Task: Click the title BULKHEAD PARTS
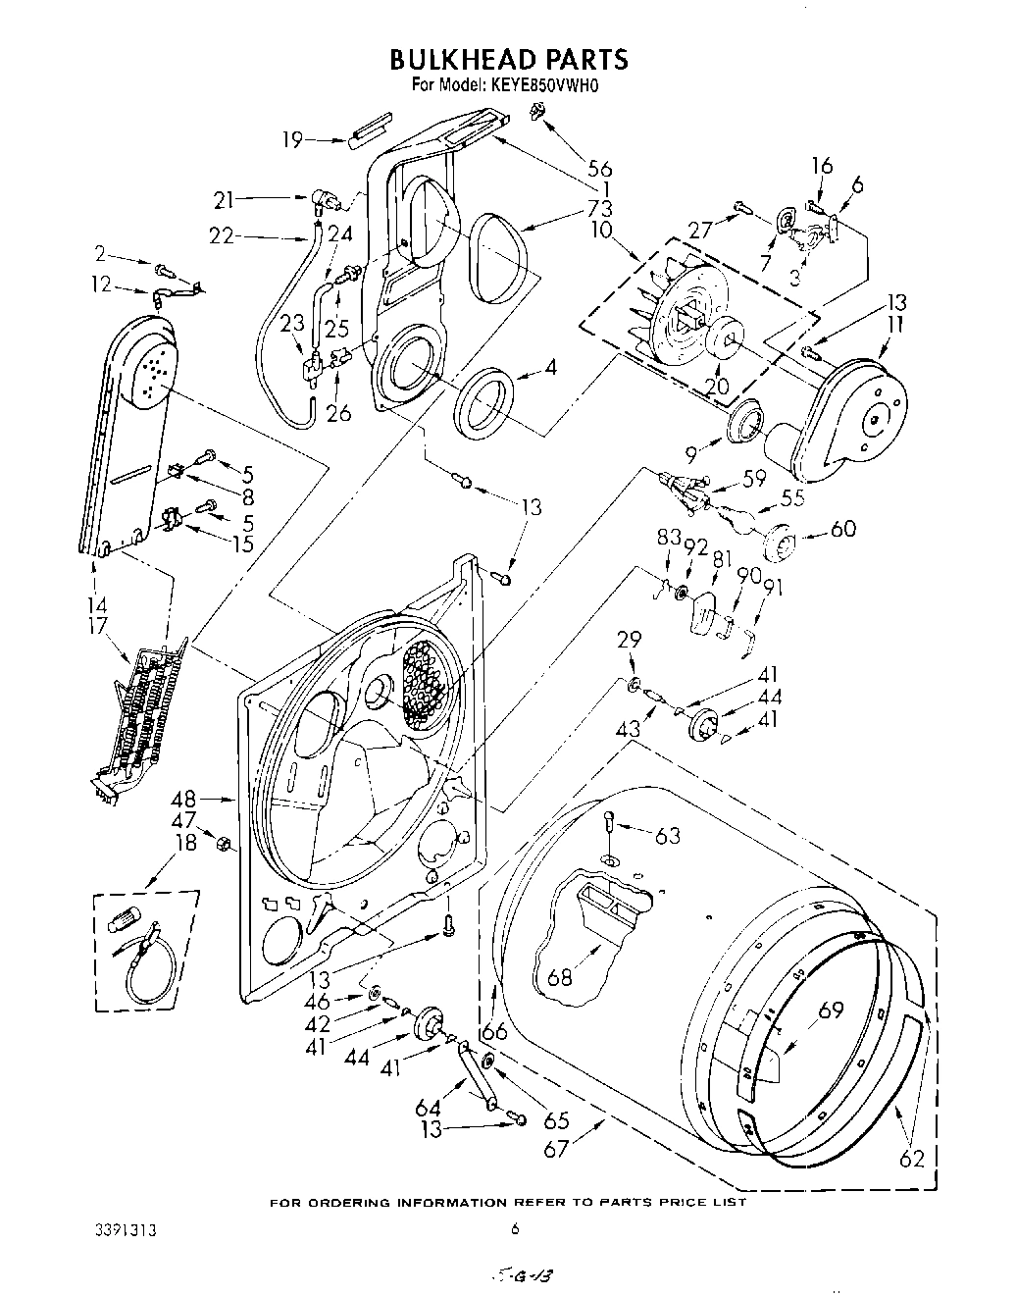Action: (x=508, y=60)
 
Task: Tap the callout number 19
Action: (x=292, y=139)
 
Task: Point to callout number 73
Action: (x=600, y=207)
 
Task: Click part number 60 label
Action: (x=842, y=529)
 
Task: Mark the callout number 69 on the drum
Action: (x=831, y=1010)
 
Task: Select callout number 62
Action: (x=911, y=1158)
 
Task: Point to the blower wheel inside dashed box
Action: (x=677, y=304)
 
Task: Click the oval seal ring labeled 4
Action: (x=483, y=402)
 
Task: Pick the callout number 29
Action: (x=629, y=640)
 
